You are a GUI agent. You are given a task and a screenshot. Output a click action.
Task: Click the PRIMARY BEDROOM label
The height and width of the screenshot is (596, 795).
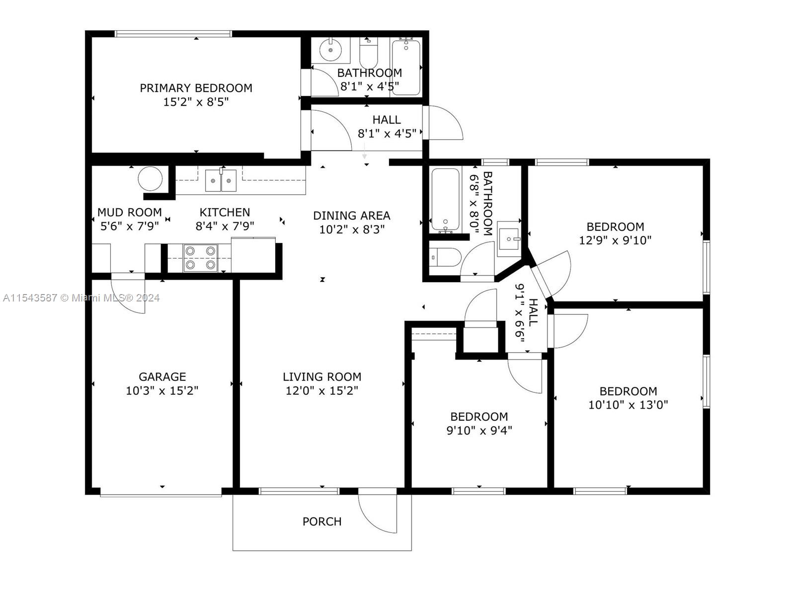pyautogui.click(x=196, y=88)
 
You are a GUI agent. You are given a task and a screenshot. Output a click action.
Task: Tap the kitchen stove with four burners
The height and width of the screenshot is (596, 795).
pyautogui.click(x=200, y=258)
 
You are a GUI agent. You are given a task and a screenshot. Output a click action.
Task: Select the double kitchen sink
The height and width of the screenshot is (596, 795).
pyautogui.click(x=221, y=180)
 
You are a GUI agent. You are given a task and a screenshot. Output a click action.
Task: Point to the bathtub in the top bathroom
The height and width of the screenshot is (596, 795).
pyautogui.click(x=406, y=68)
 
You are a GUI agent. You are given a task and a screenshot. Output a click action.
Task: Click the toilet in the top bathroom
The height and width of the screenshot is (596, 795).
pyautogui.click(x=369, y=53)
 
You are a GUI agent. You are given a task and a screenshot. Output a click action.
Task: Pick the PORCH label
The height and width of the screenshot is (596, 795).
pyautogui.click(x=322, y=521)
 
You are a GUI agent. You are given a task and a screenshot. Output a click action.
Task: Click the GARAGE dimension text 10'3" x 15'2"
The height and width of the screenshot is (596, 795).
pyautogui.click(x=162, y=391)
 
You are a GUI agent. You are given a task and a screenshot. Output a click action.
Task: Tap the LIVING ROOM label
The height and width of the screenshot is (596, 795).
pyautogui.click(x=322, y=376)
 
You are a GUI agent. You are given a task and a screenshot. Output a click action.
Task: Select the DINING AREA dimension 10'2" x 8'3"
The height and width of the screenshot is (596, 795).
pyautogui.click(x=352, y=229)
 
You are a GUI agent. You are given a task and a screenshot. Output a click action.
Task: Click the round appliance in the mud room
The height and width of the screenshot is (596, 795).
pyautogui.click(x=151, y=178)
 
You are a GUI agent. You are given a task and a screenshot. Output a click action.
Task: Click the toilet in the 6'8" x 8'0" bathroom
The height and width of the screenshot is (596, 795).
pyautogui.click(x=445, y=257)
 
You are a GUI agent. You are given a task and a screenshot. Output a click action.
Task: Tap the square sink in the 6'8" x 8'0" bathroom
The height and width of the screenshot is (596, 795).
pyautogui.click(x=509, y=239)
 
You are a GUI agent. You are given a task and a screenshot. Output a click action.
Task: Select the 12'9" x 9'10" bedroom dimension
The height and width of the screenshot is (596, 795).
pyautogui.click(x=615, y=240)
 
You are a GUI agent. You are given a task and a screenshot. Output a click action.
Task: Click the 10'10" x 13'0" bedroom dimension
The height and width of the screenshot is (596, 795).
pyautogui.click(x=628, y=405)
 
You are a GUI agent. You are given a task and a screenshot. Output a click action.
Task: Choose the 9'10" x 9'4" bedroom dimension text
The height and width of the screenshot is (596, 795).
pyautogui.click(x=479, y=431)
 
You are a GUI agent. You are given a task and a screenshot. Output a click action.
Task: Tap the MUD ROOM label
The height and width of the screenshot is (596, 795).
pyautogui.click(x=130, y=212)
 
